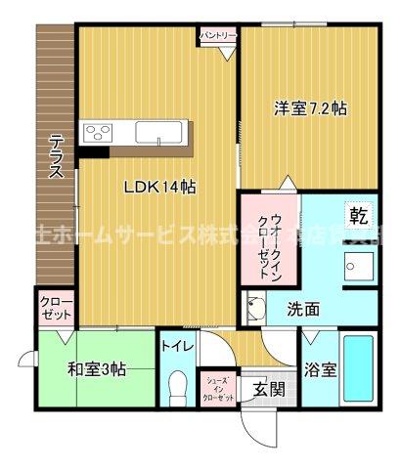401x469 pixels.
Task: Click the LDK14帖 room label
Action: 158,189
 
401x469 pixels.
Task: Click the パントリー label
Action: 218,35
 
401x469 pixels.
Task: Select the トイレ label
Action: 177,345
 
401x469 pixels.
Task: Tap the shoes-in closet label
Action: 218,389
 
